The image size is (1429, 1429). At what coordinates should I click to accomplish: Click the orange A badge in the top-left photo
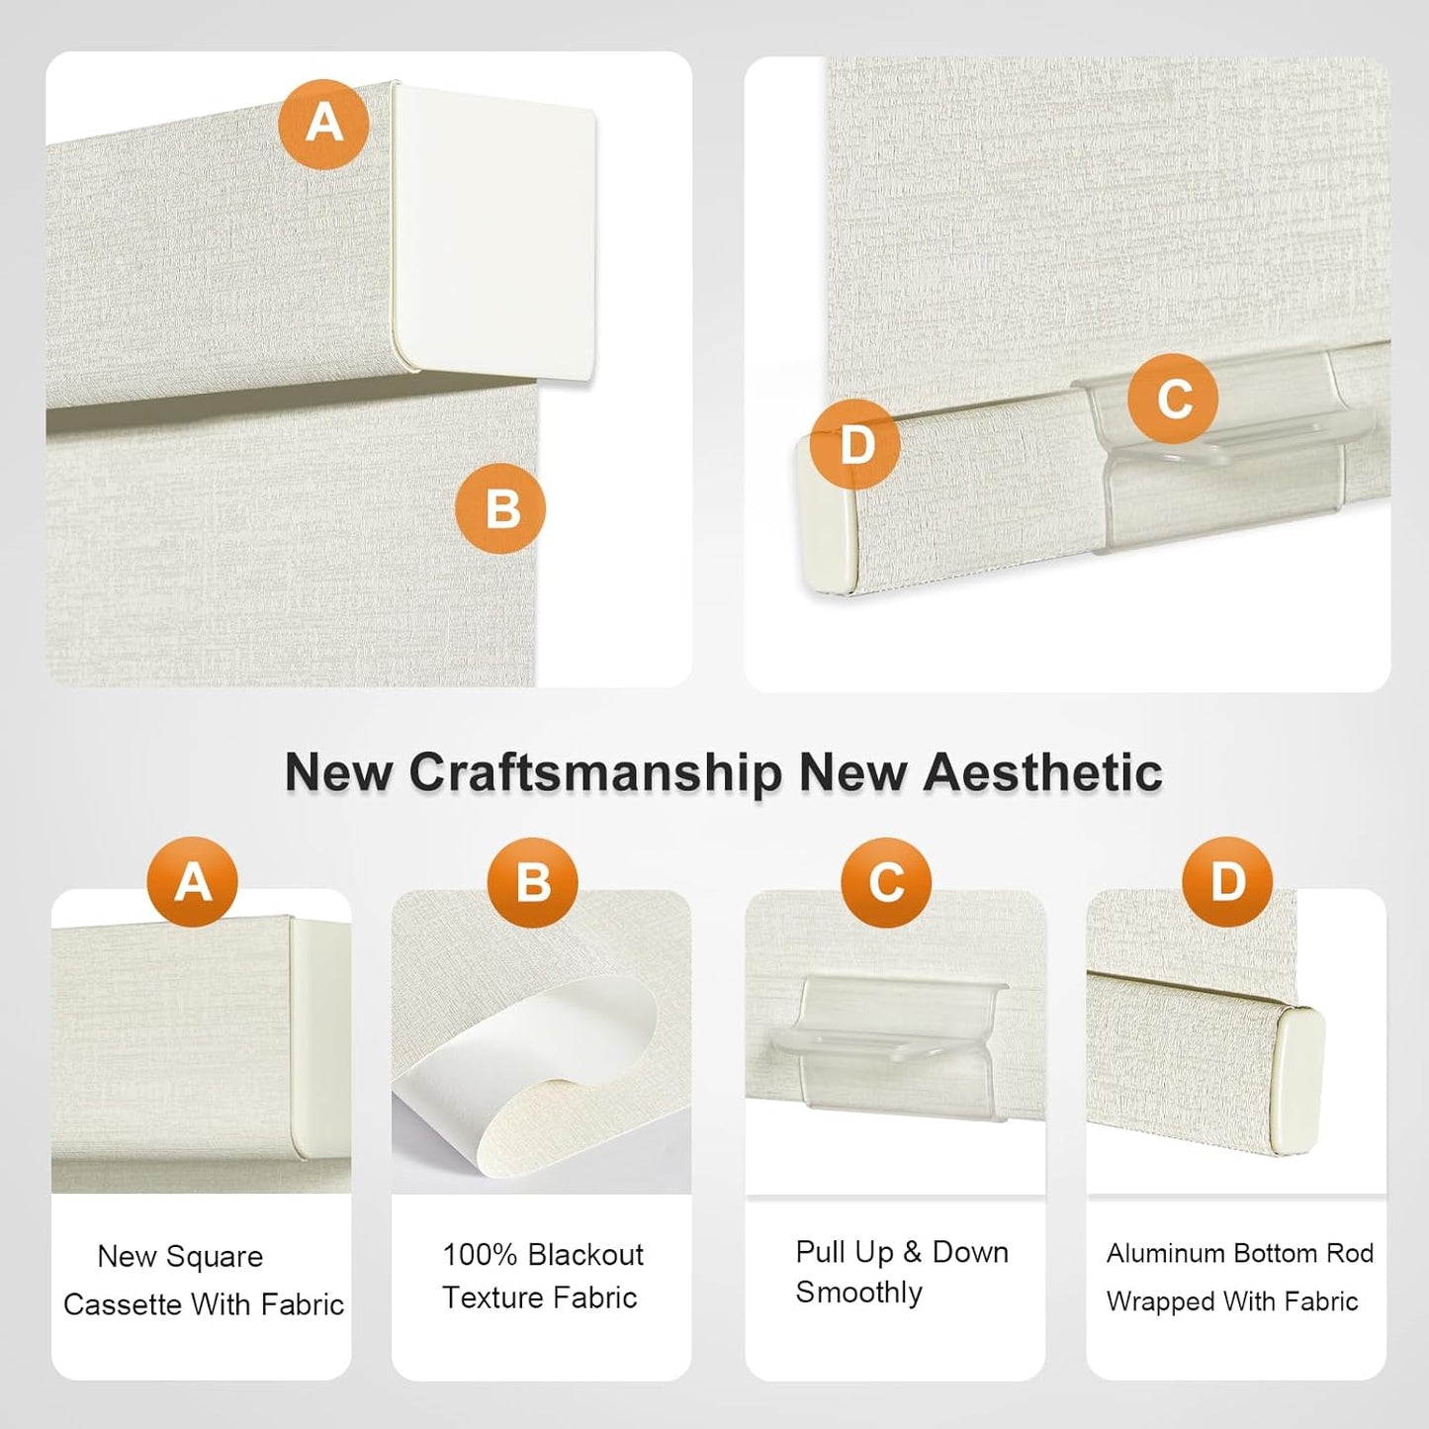323,124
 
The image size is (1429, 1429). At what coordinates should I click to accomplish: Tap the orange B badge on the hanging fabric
500,508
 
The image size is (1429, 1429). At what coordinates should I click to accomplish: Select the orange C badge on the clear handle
1173,399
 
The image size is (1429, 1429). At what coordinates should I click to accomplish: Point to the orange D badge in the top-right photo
855,444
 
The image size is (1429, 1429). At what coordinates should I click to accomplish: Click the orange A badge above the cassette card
193,882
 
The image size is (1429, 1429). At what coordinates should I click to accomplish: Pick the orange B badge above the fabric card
532,882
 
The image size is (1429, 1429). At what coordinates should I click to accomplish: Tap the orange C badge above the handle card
886,882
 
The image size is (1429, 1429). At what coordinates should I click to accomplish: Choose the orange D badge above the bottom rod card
1227,882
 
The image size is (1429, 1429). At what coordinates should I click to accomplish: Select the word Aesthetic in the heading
1042,772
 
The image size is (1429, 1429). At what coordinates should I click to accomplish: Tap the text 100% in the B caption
480,1255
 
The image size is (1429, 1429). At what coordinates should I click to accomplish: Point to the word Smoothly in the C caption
858,1293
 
